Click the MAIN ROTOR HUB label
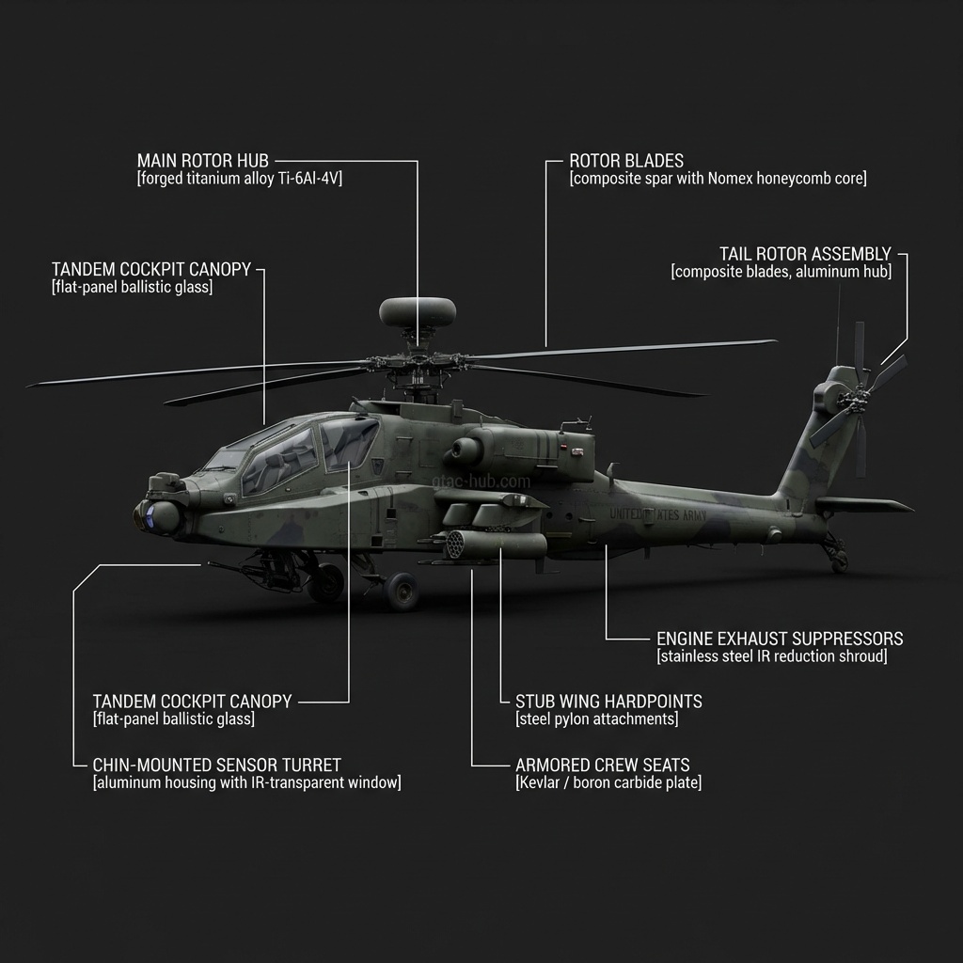coord(202,161)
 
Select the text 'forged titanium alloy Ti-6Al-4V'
coord(240,179)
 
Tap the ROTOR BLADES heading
coord(626,161)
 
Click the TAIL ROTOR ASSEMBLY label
coord(805,254)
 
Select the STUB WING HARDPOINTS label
coord(608,702)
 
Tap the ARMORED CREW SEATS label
coord(602,766)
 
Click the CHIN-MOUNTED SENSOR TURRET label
coord(216,766)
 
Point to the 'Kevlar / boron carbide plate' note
coord(608,782)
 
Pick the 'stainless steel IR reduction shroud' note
coord(771,656)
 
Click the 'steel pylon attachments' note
coord(597,719)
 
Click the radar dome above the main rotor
coord(418,311)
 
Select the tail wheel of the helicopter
coord(839,561)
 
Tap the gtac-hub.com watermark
coord(481,481)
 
